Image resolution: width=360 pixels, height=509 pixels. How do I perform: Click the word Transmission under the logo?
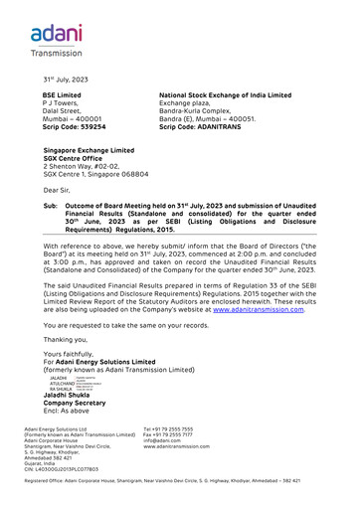[x=56, y=53]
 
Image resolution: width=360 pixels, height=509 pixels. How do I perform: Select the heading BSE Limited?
[x=62, y=94]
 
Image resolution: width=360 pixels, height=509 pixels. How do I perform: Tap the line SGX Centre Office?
[x=81, y=158]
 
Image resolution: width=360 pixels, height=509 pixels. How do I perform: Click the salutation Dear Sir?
[x=58, y=188]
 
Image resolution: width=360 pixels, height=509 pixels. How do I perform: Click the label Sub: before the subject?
[x=50, y=206]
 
